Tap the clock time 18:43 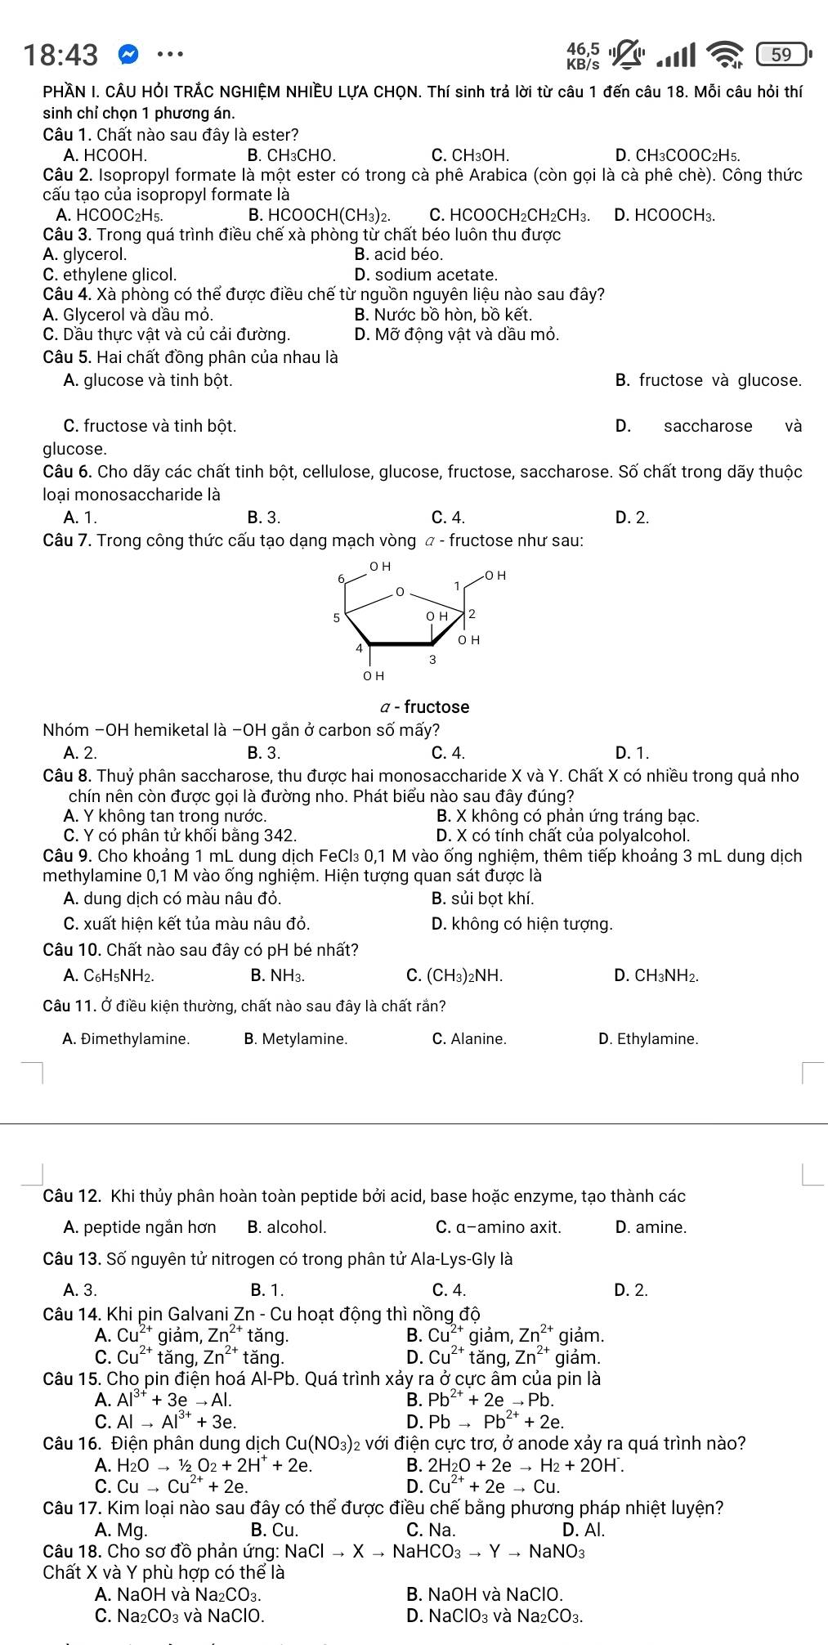[x=60, y=55]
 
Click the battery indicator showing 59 [x=781, y=55]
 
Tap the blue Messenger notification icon [x=128, y=55]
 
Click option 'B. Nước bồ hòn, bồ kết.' [x=444, y=315]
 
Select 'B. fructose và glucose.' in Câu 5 [x=708, y=380]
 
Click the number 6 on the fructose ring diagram [x=341, y=578]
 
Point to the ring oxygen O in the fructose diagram [x=399, y=590]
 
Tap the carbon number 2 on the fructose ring [x=472, y=614]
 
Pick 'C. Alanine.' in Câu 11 [x=468, y=1039]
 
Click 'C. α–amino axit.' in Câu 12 [x=499, y=1227]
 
